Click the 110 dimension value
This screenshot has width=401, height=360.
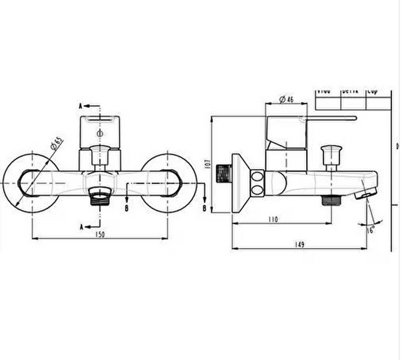coord(272,219)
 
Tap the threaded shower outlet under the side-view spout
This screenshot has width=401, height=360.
coord(328,201)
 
